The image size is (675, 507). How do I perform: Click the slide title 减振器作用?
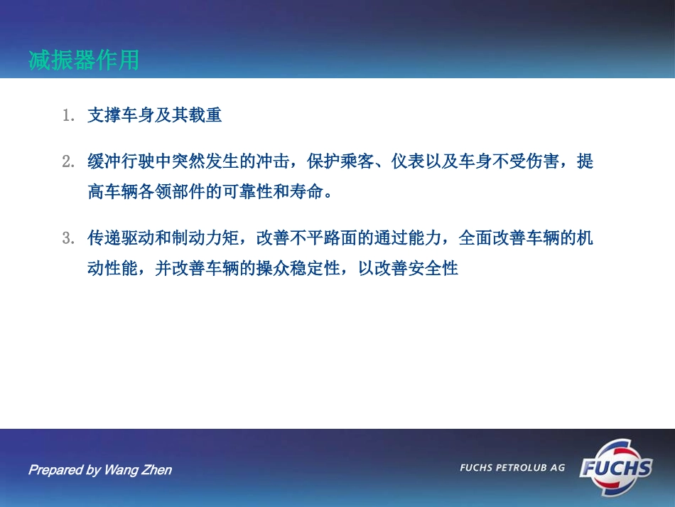click(x=84, y=60)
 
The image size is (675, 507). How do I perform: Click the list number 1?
click(x=68, y=115)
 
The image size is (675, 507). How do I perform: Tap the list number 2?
click(x=68, y=161)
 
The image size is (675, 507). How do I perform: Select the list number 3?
click(x=68, y=238)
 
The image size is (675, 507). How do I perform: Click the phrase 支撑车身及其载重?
click(x=154, y=115)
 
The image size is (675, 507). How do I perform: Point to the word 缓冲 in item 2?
click(x=104, y=161)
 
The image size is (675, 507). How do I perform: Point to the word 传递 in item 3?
click(x=104, y=238)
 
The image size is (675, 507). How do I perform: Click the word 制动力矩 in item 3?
click(x=205, y=238)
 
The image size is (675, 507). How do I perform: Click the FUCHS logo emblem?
click(x=615, y=467)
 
